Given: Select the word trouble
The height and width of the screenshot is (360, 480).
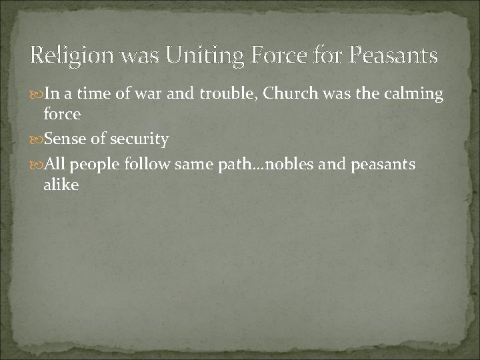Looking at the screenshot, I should [x=227, y=94].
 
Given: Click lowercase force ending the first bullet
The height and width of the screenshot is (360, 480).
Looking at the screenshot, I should [x=62, y=114].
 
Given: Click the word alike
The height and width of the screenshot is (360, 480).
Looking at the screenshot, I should [x=61, y=185].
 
